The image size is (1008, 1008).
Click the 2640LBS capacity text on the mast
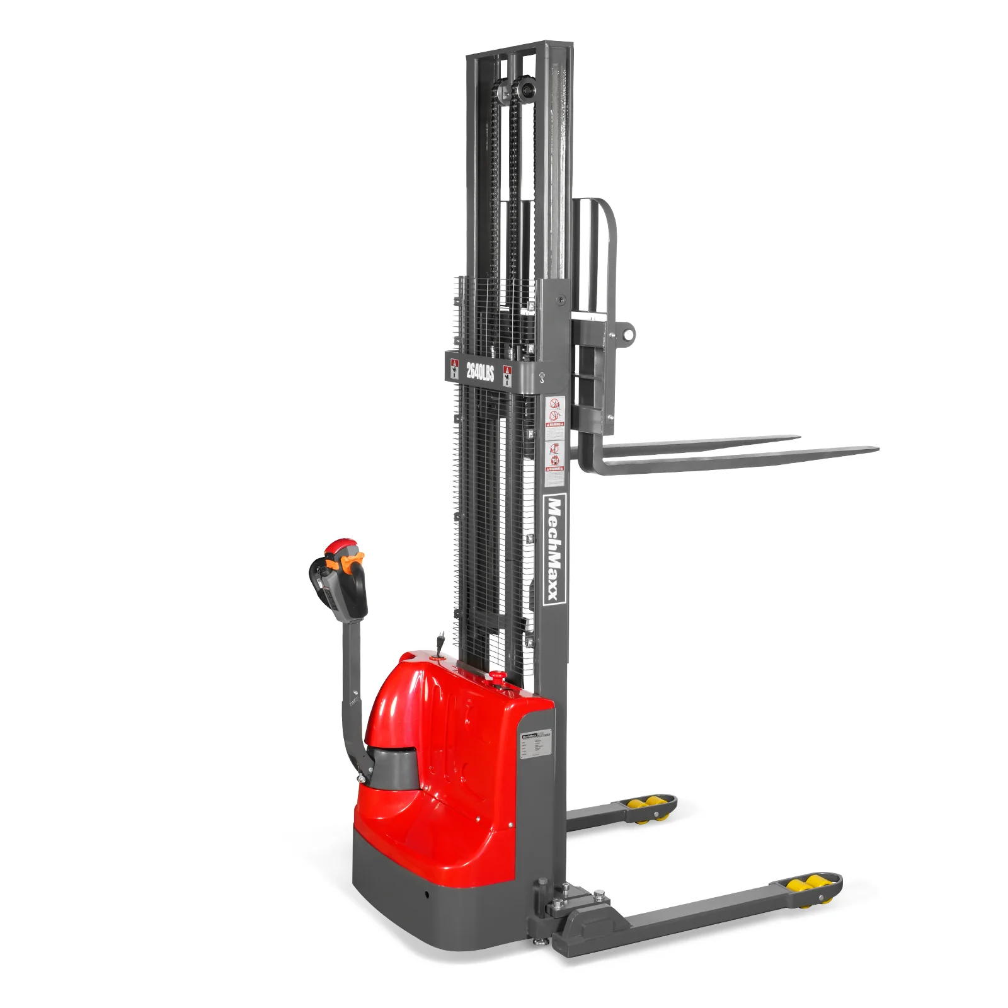[x=480, y=371]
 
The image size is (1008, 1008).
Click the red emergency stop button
[x=498, y=677]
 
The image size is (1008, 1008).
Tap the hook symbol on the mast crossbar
[x=541, y=377]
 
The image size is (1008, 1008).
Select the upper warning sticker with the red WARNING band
[x=554, y=412]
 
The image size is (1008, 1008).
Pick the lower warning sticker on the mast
[x=554, y=463]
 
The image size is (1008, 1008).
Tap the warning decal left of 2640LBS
[x=454, y=369]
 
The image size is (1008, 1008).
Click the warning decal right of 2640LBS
[x=507, y=375]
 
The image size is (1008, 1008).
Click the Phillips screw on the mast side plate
[x=561, y=300]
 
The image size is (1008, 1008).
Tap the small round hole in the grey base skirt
[x=426, y=894]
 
